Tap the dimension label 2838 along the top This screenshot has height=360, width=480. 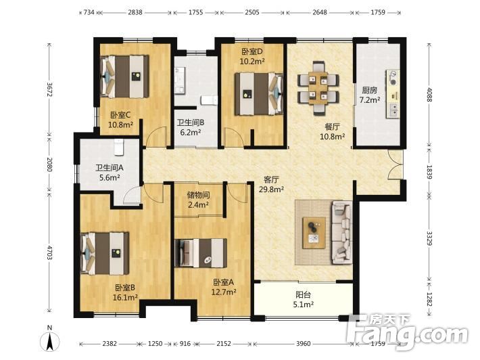tap(135, 12)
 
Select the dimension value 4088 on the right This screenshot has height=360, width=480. tap(430, 95)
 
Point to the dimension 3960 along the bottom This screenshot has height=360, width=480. tap(303, 344)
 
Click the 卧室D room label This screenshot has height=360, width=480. tap(252, 51)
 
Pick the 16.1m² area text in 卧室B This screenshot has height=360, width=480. tap(125, 297)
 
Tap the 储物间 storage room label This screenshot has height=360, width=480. tap(198, 195)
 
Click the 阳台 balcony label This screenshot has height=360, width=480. tap(303, 295)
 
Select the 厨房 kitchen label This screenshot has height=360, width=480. tap(370, 90)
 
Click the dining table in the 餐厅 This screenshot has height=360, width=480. tap(318, 88)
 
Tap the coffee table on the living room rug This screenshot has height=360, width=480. tap(314, 233)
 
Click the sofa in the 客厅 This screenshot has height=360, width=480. tap(341, 233)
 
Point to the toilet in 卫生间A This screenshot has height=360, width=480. tap(118, 147)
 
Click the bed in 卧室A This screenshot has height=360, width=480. tap(201, 253)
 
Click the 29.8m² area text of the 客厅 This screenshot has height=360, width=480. tap(271, 189)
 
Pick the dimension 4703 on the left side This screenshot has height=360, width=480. tap(49, 252)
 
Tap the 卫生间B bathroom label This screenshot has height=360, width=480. tap(191, 122)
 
